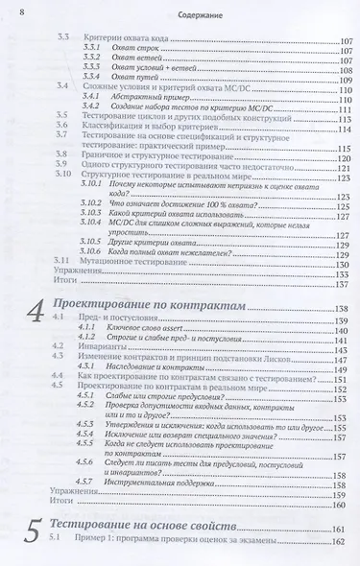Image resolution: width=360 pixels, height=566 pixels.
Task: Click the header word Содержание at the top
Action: click(181, 13)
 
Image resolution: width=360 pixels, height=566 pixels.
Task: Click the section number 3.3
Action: click(63, 36)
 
